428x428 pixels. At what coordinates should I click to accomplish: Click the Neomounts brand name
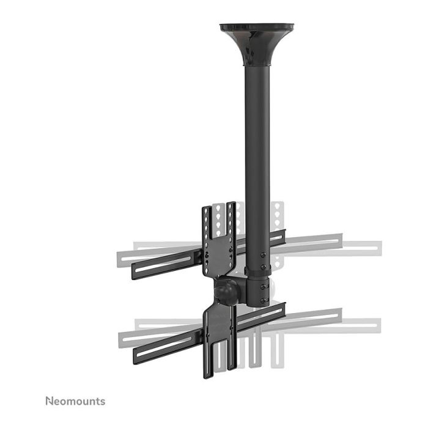click(75, 401)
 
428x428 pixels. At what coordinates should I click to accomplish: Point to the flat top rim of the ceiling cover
click(257, 27)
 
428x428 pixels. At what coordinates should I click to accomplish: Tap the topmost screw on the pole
click(263, 254)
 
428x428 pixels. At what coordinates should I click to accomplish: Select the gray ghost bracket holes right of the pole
click(278, 217)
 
